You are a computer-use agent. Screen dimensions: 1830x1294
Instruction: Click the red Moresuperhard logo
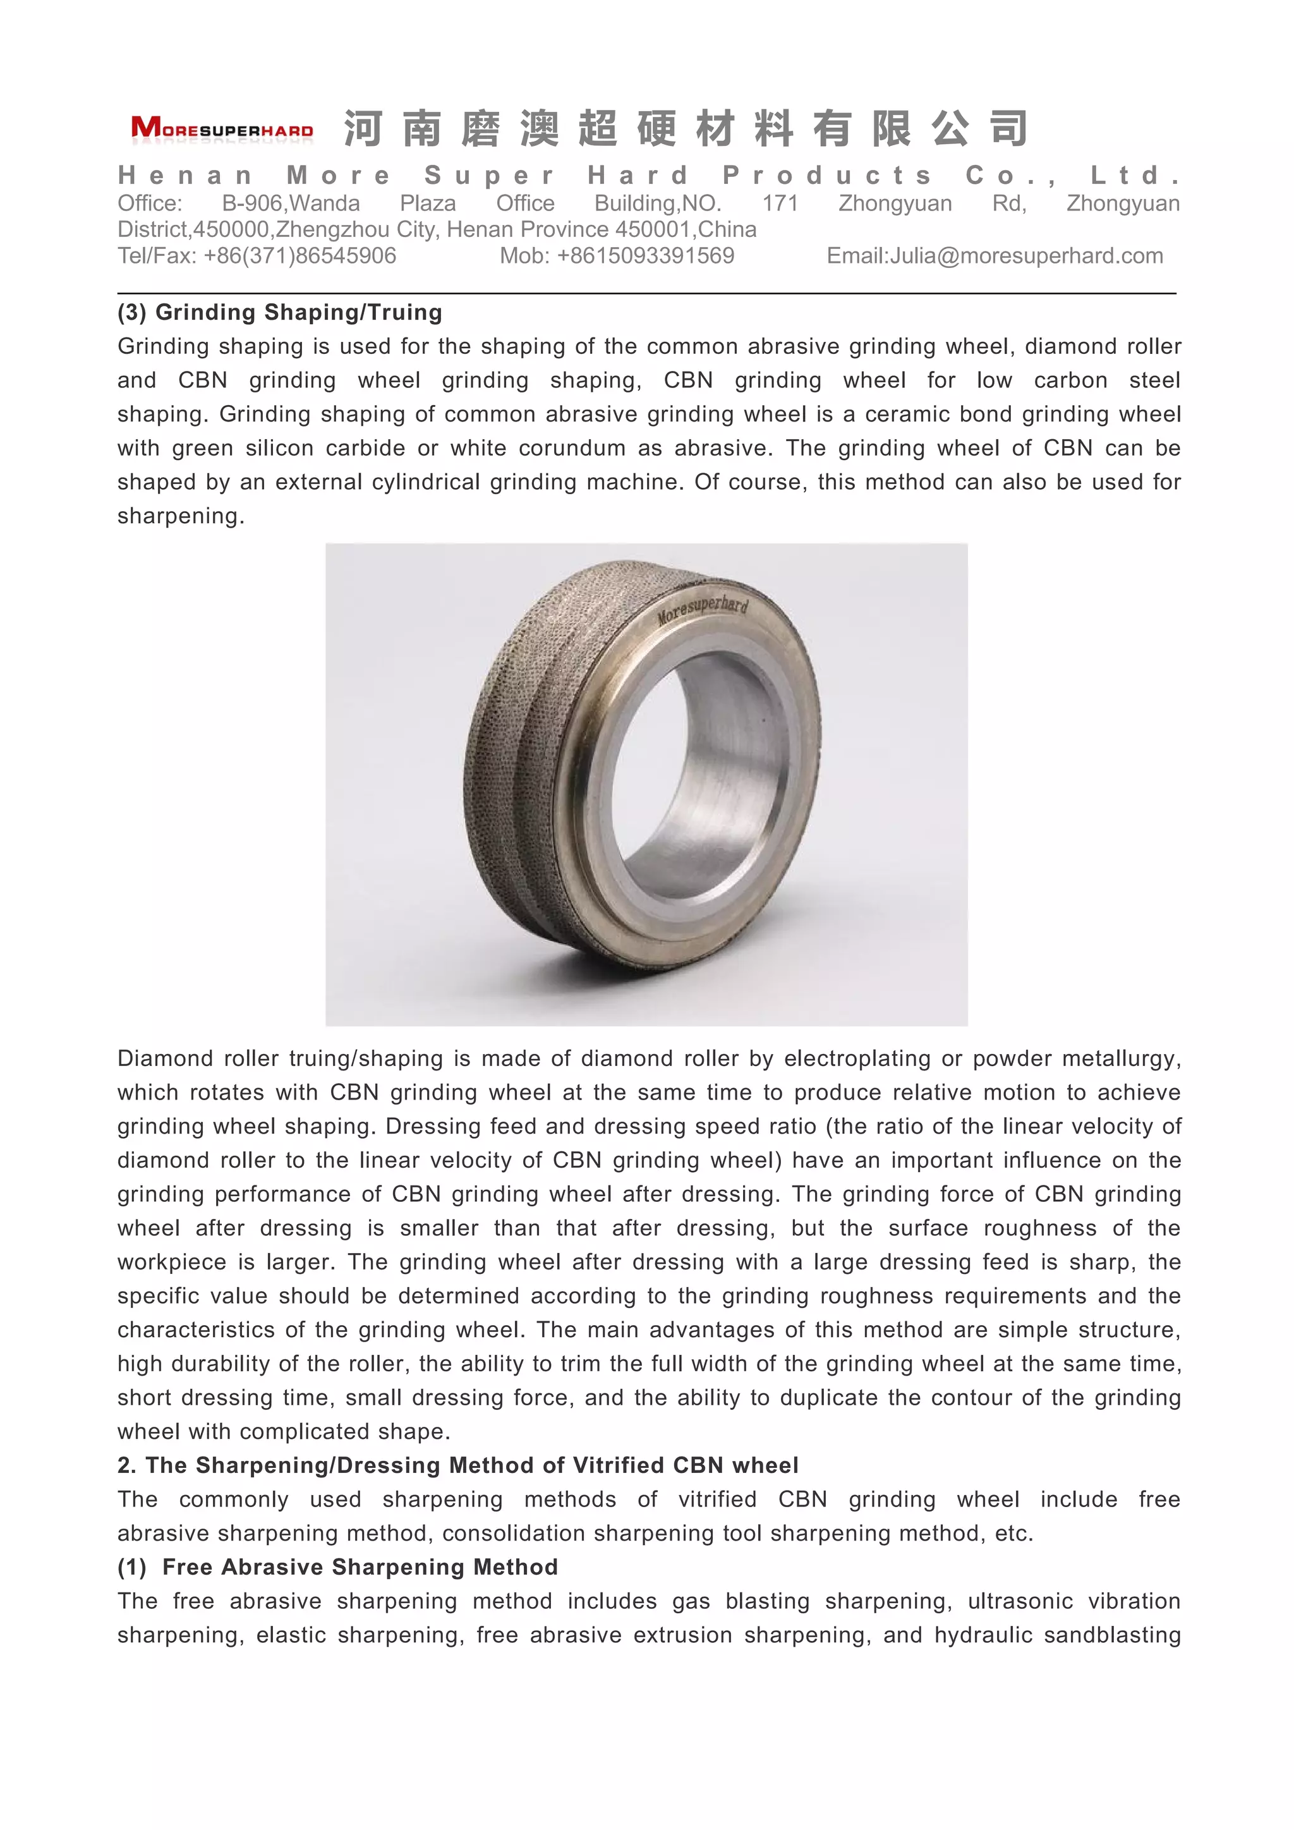click(222, 128)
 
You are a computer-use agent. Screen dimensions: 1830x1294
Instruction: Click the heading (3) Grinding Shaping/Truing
click(280, 312)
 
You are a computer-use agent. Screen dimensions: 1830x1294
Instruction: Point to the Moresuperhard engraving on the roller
click(702, 610)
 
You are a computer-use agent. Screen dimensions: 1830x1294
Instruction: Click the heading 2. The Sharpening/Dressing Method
click(457, 1465)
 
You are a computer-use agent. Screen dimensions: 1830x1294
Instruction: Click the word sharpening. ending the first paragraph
click(180, 516)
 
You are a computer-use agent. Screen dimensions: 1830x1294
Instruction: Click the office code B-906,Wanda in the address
click(291, 203)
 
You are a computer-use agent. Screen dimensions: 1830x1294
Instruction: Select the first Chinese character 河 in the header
click(363, 129)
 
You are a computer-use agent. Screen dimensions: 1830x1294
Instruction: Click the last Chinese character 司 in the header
click(1009, 129)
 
